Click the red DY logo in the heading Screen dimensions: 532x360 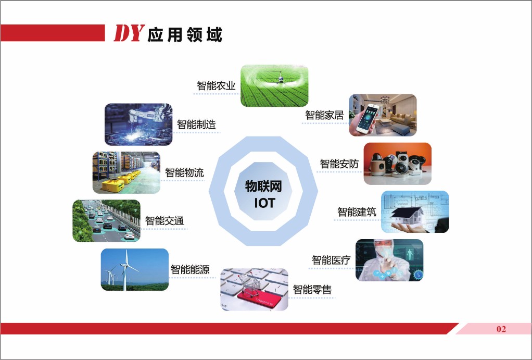[129, 33]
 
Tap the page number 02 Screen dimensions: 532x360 [501, 329]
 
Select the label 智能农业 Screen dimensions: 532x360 [216, 85]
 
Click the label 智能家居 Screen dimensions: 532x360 [324, 115]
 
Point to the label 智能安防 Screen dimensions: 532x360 [339, 164]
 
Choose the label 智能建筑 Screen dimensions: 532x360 [357, 212]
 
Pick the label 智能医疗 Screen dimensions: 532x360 [331, 260]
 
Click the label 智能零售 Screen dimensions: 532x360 [312, 289]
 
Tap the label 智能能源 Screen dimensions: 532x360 [190, 270]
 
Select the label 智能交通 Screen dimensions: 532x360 [164, 221]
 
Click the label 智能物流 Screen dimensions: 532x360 [185, 172]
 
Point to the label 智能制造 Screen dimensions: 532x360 [196, 125]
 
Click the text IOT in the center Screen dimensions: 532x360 [264, 203]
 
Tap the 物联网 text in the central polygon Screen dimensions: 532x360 [263, 186]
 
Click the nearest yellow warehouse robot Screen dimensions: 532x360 [113, 185]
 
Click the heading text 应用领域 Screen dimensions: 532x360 [185, 34]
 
